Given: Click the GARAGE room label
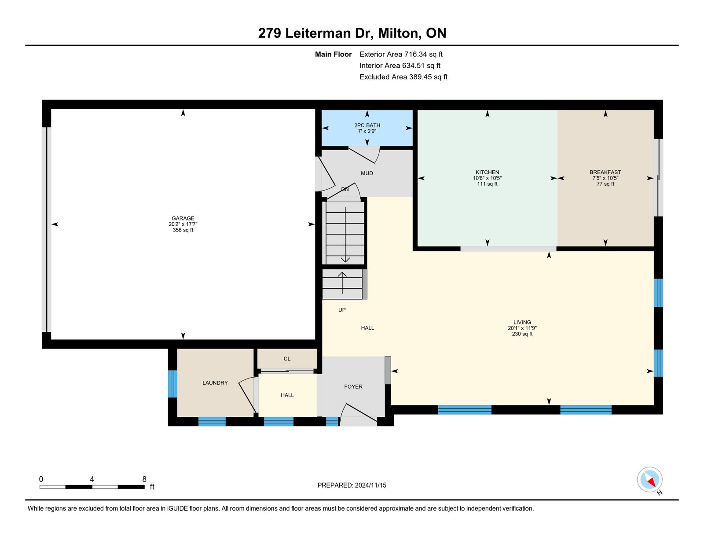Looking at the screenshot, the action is (183, 218).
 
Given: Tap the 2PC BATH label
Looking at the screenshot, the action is (367, 125).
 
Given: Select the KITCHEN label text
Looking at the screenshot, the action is (487, 173).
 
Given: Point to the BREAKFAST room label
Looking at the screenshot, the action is (605, 173).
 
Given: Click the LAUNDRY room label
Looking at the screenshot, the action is (215, 382).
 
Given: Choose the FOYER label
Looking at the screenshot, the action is (353, 386).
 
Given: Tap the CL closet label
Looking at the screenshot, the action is (287, 359).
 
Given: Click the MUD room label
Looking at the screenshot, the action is (367, 173).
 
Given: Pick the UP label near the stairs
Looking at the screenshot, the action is (342, 310).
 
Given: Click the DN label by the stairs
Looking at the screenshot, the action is (345, 189).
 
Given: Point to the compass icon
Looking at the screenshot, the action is (649, 480).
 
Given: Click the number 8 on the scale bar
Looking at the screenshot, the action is (144, 479).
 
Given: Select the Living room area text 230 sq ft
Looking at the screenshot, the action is (522, 334).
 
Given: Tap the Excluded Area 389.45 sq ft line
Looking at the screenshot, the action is (403, 77).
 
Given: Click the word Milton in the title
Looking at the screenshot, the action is (400, 33).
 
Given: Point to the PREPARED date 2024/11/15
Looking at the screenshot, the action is (370, 485).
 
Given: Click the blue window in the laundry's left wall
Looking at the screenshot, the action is (172, 384).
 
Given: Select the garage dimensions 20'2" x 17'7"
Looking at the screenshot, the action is (183, 224).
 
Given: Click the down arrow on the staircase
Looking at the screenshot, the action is (345, 235).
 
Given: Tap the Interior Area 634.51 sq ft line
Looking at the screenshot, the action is (400, 66).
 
